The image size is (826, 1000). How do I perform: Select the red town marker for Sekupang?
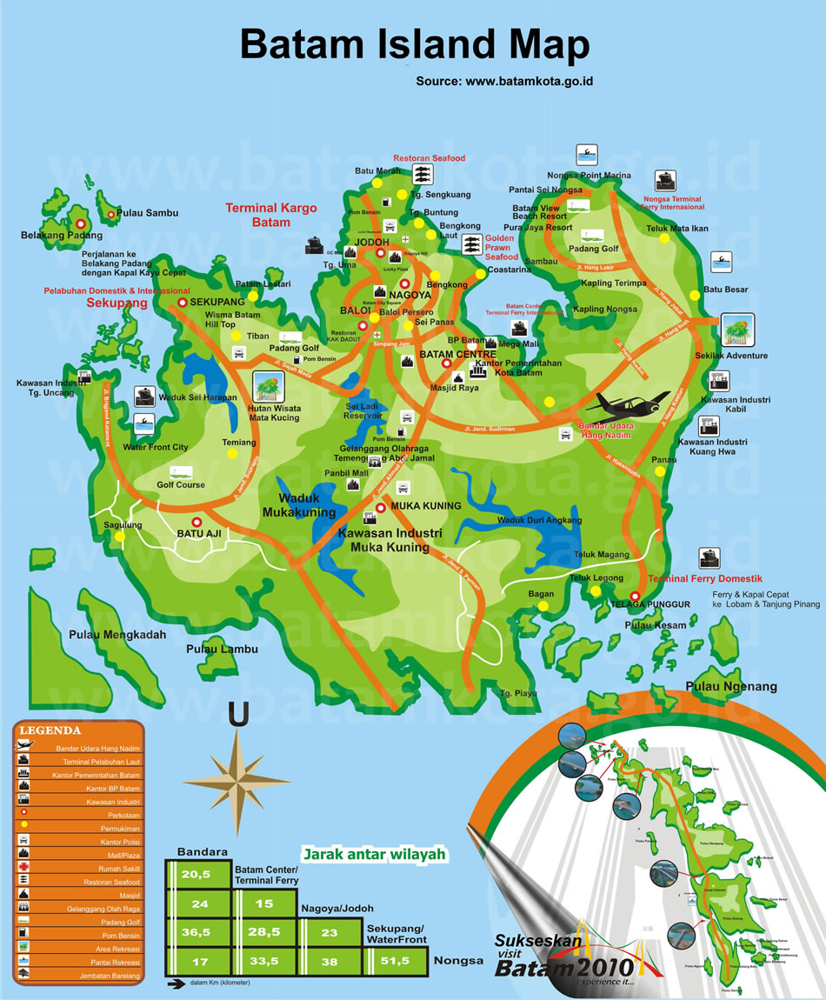point(183,302)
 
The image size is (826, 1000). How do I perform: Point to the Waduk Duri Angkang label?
point(539,520)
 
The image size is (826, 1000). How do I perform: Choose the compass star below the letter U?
point(236,770)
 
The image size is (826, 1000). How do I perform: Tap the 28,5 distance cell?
point(263,931)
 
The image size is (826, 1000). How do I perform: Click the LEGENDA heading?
point(50,730)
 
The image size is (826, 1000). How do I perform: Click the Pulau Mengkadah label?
point(117,635)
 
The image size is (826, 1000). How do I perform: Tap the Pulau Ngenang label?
point(731,687)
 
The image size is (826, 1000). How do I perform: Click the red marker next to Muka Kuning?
point(380,507)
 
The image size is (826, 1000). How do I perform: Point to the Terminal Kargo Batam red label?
point(271,215)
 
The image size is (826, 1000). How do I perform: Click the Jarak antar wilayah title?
point(374,854)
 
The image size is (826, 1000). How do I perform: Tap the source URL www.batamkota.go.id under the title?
point(504,81)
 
